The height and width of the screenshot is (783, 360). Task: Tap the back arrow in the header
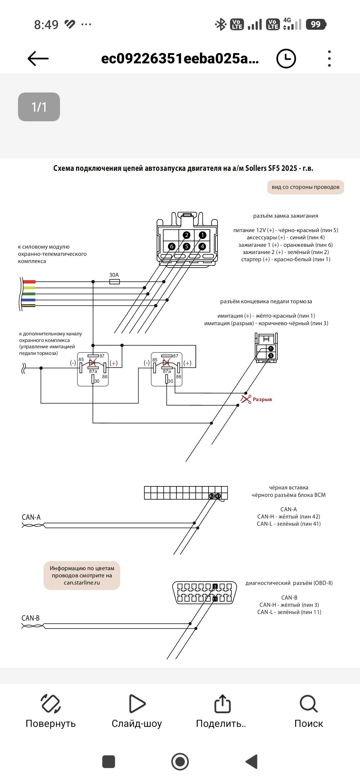38,58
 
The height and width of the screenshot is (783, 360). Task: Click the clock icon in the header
286,58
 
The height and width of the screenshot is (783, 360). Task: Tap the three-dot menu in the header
329,58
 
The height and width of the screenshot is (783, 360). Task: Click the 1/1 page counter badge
39,107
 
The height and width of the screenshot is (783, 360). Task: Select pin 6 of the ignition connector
172,246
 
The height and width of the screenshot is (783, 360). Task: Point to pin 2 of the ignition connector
187,235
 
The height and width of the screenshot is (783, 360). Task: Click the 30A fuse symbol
114,282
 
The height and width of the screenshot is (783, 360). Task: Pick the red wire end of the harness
29,282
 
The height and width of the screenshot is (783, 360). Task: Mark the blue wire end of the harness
29,300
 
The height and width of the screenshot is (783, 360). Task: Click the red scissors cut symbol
246,399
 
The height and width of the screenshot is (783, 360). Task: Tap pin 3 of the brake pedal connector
271,356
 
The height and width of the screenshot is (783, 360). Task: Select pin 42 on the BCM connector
211,496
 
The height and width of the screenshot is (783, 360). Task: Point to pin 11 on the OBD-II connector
215,599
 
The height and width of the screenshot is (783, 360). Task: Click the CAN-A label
31,517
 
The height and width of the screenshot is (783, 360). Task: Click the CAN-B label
30,618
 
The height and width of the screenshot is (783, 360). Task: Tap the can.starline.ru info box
82,576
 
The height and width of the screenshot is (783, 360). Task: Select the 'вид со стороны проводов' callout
305,187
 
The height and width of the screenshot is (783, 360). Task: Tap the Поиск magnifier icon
309,704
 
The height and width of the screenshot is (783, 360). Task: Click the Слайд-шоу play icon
137,703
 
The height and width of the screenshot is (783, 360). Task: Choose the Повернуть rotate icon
51,704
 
